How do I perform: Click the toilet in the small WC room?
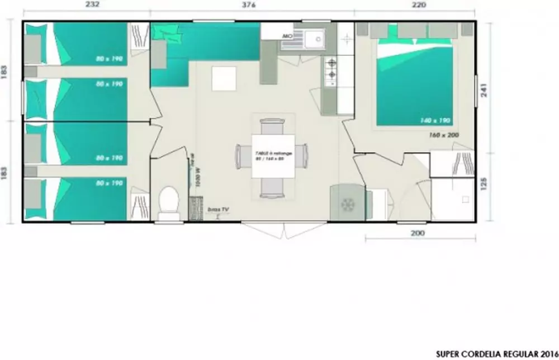pos(168,201)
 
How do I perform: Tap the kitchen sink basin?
pos(314,39)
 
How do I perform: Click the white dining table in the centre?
pos(273,157)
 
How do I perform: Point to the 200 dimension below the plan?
pos(417,233)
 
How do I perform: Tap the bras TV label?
pos(217,209)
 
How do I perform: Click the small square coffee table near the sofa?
pos(224,79)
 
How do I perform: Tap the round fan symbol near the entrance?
pos(348,205)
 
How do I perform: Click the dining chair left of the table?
pos(244,156)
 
